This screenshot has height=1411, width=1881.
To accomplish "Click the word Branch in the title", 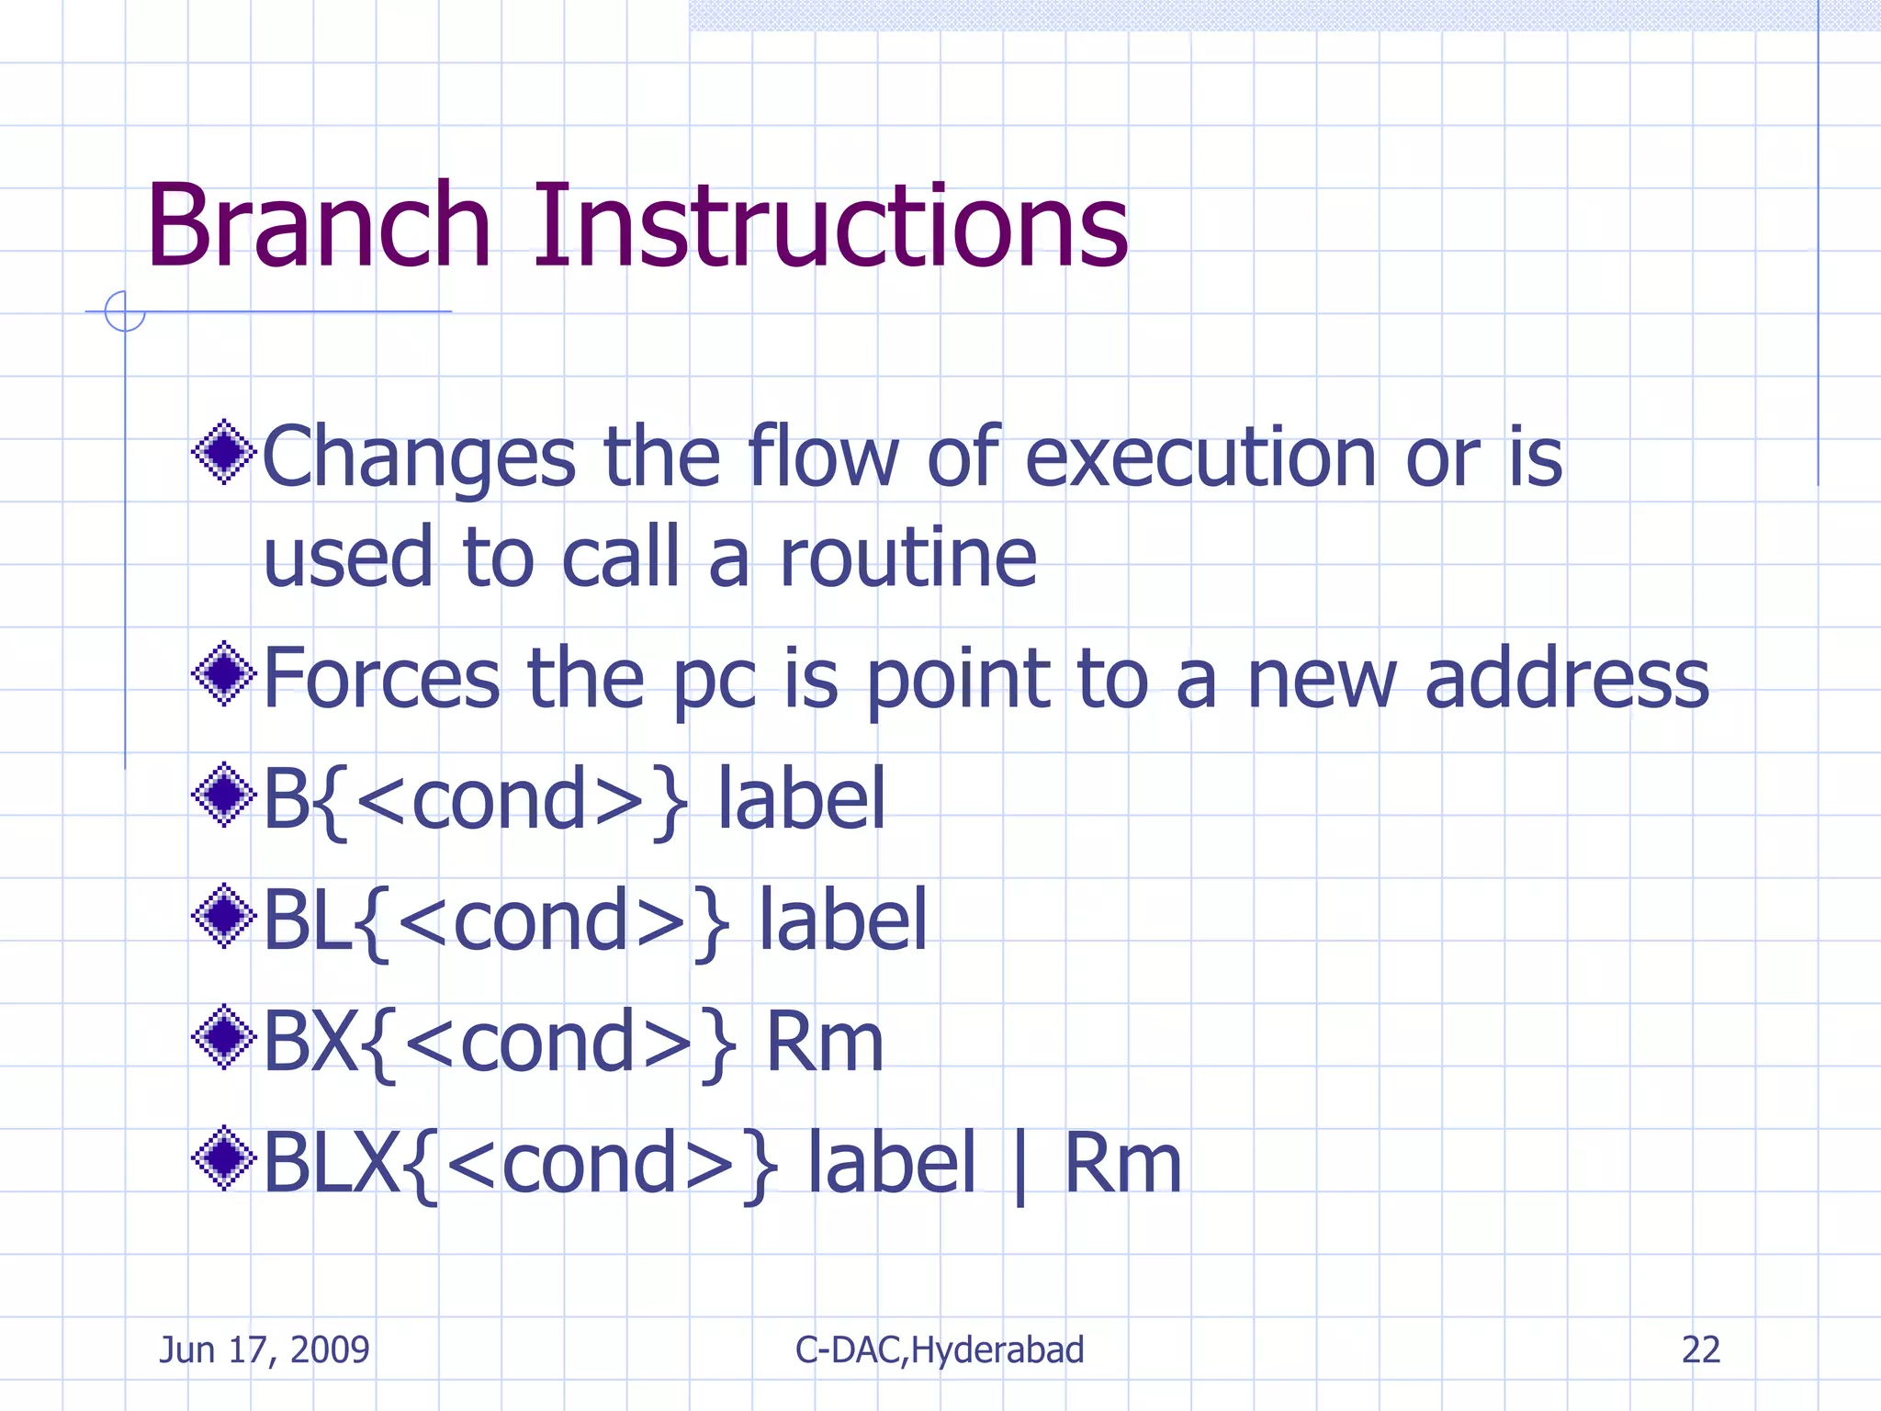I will coord(318,226).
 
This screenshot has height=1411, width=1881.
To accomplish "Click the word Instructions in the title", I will coord(830,226).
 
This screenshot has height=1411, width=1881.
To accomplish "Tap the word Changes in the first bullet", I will coord(419,458).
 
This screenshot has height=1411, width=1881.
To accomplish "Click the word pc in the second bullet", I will coord(715,684).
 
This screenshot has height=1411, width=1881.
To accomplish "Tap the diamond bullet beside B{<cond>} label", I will coord(223,795).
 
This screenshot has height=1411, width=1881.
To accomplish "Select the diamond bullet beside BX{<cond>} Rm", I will coord(223,1037).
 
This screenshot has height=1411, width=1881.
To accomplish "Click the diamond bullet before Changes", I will coord(223,451).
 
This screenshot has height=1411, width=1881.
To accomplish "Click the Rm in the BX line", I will coord(824,1042).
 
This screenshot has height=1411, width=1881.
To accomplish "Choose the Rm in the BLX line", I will coord(1121,1164).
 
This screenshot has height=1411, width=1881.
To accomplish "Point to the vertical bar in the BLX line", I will coord(1019,1167).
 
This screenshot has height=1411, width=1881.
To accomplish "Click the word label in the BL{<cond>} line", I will coord(842,920).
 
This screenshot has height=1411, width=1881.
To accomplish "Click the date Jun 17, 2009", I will coord(265,1349).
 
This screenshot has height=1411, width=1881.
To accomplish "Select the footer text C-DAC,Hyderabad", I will coord(940,1349).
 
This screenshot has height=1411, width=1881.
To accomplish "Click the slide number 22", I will coord(1700,1349).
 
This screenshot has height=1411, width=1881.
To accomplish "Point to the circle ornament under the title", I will coord(125,310).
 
